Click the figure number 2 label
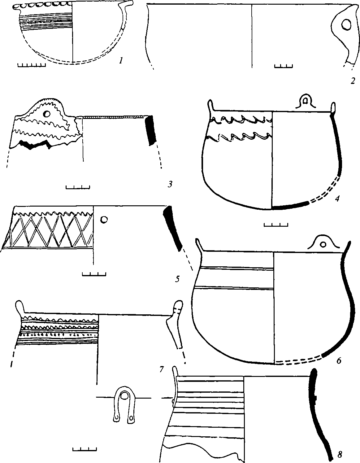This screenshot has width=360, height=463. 352,81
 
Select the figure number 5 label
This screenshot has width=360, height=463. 177,279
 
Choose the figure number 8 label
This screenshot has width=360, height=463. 340,455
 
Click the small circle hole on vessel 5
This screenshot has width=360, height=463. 104,219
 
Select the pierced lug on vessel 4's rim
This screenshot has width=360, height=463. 306,101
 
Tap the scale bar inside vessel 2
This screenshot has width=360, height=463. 283,65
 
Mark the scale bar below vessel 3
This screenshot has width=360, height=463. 78,187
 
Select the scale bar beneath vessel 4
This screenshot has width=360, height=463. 275,224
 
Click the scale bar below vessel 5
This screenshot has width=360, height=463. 94,274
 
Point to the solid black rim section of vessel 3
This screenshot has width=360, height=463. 150,130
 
